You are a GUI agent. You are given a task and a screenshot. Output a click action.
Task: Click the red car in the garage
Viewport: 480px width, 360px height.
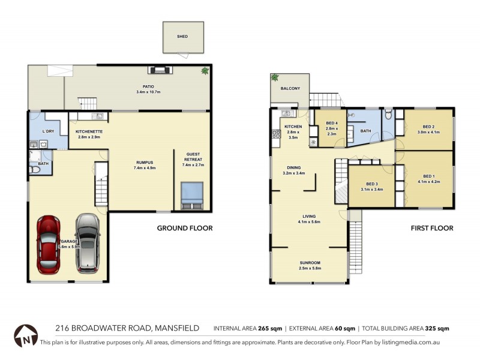[x=49, y=244]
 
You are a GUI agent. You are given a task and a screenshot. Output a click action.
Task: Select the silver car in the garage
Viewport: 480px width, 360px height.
[x=87, y=244]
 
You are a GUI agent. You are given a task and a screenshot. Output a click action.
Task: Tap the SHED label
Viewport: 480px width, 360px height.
[x=182, y=37]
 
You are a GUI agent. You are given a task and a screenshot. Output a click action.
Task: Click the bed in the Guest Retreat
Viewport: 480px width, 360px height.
[x=193, y=196]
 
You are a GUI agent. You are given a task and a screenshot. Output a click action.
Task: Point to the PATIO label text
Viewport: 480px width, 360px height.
[x=141, y=86]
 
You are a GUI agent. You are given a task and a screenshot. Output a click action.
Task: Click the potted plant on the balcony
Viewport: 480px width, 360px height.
[x=275, y=77]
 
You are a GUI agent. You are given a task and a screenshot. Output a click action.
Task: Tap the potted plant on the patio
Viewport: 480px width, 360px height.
[x=206, y=71]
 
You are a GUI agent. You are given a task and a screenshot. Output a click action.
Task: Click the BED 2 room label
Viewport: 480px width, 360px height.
[x=428, y=127]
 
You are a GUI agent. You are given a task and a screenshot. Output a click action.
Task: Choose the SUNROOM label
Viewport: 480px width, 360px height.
[x=310, y=263]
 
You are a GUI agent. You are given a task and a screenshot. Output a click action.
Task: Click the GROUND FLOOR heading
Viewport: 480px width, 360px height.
[x=185, y=228]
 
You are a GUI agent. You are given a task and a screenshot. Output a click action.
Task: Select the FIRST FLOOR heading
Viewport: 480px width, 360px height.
[x=432, y=228]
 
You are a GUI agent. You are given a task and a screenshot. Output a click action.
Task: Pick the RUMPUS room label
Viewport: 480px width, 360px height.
[x=145, y=162]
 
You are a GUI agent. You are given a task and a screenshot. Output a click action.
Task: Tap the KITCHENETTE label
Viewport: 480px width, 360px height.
[x=89, y=131]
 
